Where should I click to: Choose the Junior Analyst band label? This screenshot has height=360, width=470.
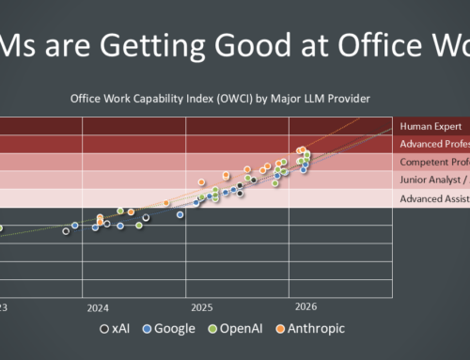tap(432, 180)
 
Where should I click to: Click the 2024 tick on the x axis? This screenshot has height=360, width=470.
tap(98, 307)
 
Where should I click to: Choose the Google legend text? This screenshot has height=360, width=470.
tap(176, 328)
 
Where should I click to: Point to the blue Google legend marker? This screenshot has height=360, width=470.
tap(149, 329)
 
